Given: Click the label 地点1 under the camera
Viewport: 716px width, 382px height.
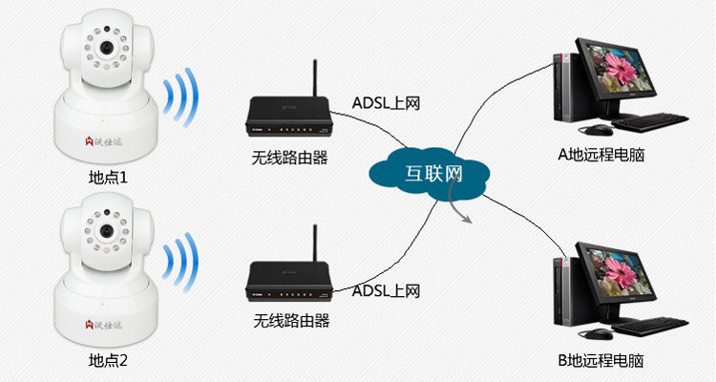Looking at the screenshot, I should pyautogui.click(x=107, y=178).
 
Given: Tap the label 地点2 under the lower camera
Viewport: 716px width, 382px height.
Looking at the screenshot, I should pyautogui.click(x=107, y=361).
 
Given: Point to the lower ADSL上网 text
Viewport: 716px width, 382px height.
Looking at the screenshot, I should pyautogui.click(x=386, y=290).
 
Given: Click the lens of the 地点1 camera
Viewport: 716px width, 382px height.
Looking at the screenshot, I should pyautogui.click(x=108, y=48).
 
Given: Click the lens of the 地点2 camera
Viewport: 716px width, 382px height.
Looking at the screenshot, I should pyautogui.click(x=108, y=232).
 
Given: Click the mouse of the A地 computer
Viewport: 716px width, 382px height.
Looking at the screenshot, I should pyautogui.click(x=596, y=128).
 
